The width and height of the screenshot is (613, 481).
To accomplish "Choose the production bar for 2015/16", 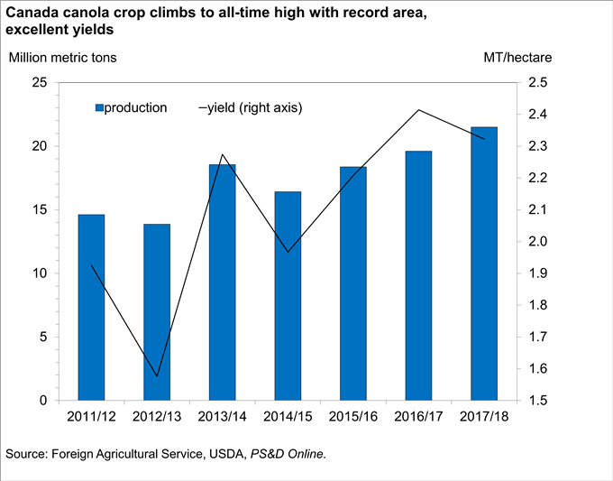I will [353, 283].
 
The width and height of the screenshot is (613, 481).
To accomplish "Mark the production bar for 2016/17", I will [419, 275].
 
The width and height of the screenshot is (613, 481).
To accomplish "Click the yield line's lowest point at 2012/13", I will [157, 376].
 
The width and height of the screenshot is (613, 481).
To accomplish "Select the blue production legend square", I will [99, 108].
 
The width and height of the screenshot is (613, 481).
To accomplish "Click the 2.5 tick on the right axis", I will [537, 83].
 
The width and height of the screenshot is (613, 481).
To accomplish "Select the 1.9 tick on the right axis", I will [537, 273].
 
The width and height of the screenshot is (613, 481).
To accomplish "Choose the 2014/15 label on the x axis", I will [288, 419].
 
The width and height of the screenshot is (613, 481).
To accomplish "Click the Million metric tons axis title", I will [62, 58].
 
